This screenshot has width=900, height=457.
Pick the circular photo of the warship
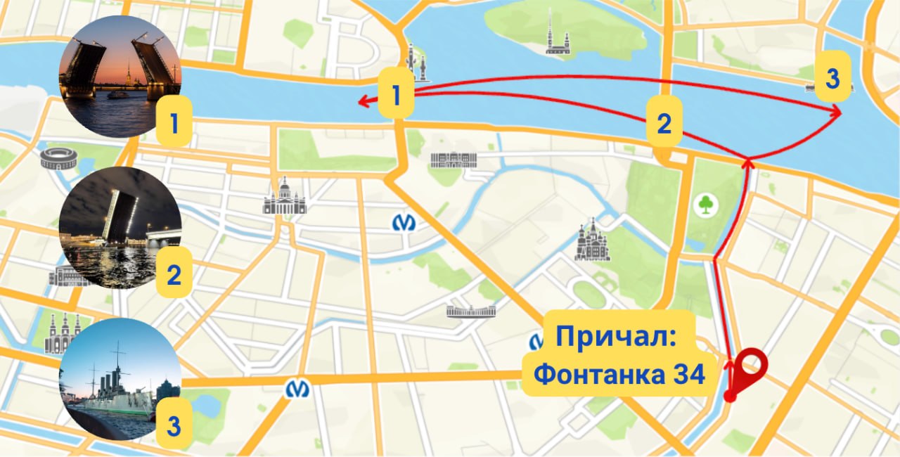pos(120,379)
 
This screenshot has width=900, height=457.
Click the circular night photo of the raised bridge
pos(120,228)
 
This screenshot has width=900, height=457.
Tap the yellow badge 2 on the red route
pos(664,124)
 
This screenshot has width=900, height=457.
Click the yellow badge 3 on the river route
pos(832,78)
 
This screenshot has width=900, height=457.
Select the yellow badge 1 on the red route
pos(397,95)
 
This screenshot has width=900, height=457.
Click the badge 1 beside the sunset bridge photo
pos(173,124)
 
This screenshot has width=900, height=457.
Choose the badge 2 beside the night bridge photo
pos(173,274)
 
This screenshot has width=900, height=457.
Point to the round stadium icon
pos(58,159)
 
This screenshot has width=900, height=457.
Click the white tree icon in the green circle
pos(704,205)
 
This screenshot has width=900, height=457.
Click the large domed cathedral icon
pos(285,198)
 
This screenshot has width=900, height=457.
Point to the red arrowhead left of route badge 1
pos(364,102)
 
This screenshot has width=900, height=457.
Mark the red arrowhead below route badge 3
pos(837,110)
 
